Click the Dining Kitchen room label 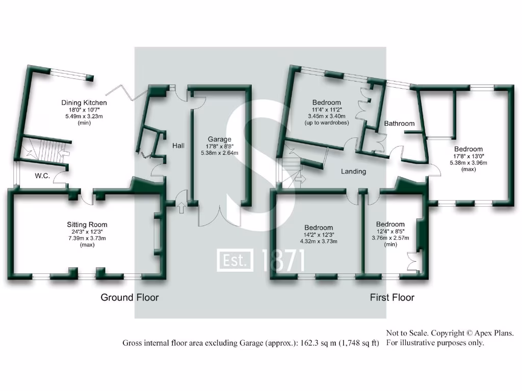click(x=84, y=102)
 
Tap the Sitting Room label click(x=87, y=225)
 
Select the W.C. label click(x=42, y=176)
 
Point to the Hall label click(x=178, y=146)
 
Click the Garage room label click(x=219, y=139)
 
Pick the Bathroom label click(x=399, y=123)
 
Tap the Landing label click(x=353, y=172)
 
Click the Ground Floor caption click(x=129, y=297)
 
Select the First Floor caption click(x=392, y=297)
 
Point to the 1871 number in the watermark click(x=283, y=260)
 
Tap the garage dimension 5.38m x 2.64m click(x=219, y=152)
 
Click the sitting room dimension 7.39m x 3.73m click(x=87, y=238)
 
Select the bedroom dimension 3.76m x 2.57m click(x=390, y=238)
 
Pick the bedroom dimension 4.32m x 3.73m click(x=319, y=241)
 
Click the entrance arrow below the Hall click(x=181, y=207)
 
